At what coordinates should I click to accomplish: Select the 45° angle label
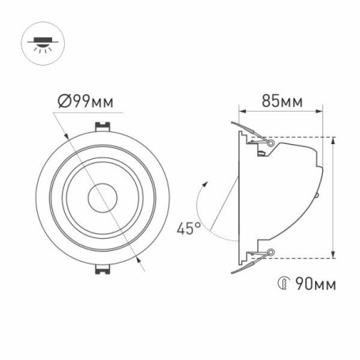click(x=188, y=229)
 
